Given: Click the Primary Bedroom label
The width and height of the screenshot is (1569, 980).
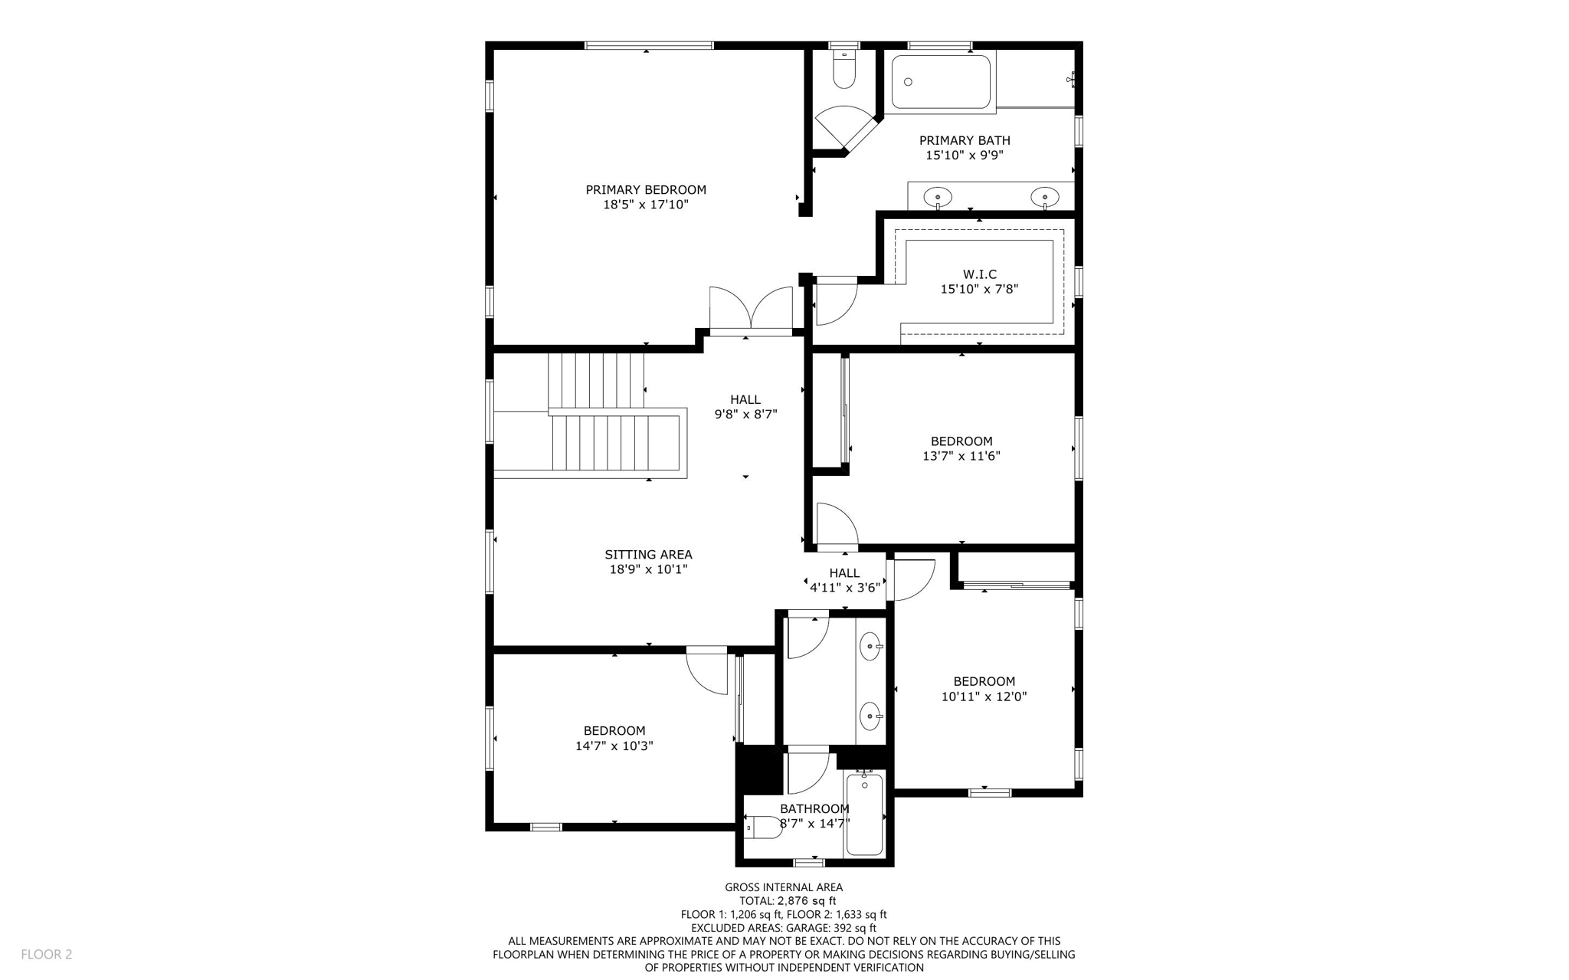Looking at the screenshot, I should pyautogui.click(x=646, y=190).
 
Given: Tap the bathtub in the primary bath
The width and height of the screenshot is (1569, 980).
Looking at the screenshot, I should pyautogui.click(x=941, y=82).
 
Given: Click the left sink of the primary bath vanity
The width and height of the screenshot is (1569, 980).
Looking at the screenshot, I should pyautogui.click(x=938, y=197).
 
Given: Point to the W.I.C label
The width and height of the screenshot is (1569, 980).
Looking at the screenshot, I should pyautogui.click(x=979, y=274).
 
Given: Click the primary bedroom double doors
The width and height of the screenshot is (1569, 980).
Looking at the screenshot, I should pyautogui.click(x=751, y=310).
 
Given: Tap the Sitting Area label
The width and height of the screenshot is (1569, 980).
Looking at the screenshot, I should pyautogui.click(x=648, y=555).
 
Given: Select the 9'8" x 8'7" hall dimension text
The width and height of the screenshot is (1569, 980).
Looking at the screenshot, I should pyautogui.click(x=745, y=415).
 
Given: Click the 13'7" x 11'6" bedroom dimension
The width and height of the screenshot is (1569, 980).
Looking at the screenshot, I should pyautogui.click(x=961, y=456).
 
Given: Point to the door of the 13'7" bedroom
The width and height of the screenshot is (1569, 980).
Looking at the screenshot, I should pyautogui.click(x=837, y=526).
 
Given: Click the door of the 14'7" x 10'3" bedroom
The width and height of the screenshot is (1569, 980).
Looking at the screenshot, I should pyautogui.click(x=707, y=670).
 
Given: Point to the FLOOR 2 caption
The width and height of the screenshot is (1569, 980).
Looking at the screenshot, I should pyautogui.click(x=47, y=954).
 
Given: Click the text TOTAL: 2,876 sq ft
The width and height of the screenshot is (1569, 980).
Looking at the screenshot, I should pyautogui.click(x=787, y=901).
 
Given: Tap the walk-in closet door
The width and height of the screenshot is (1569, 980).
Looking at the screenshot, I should pyautogui.click(x=836, y=302).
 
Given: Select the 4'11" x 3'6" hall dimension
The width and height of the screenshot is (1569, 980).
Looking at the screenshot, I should pyautogui.click(x=844, y=588).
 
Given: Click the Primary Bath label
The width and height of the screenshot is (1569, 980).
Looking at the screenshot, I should pyautogui.click(x=965, y=140).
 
